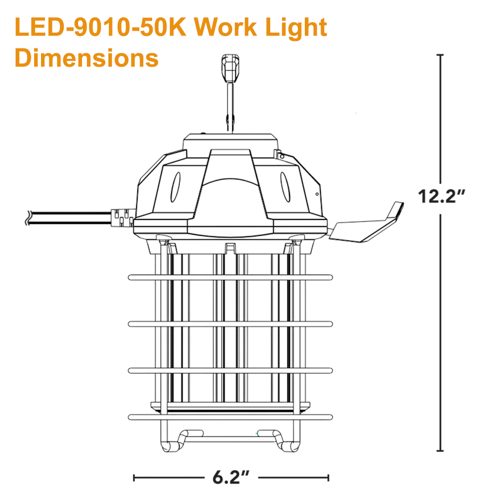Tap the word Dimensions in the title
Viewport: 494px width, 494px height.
86,57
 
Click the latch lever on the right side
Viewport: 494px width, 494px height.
368,225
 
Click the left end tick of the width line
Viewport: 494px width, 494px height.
134,477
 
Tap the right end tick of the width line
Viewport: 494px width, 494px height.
328,477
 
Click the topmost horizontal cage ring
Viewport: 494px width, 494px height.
230,277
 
